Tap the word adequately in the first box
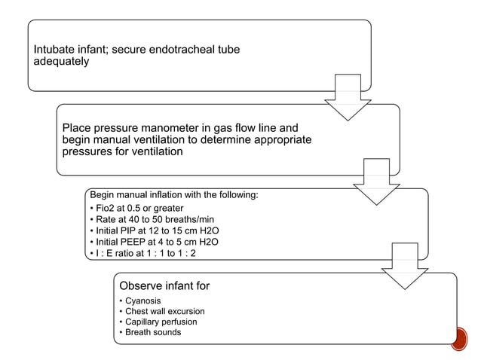(x=61, y=61)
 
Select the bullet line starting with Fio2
(x=136, y=208)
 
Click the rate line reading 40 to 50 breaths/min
(x=143, y=219)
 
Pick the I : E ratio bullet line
(x=143, y=253)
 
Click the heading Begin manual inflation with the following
(x=174, y=195)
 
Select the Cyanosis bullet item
(x=142, y=301)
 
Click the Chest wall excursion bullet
(x=164, y=311)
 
